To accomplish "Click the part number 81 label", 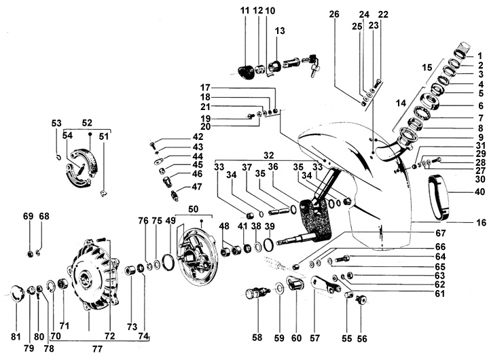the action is (x=16, y=337).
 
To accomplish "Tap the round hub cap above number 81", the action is (x=18, y=293).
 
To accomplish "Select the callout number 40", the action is (x=480, y=192).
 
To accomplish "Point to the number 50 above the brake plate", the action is (x=194, y=209).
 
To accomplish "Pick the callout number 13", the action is (x=280, y=31).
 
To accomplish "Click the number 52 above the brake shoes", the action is (x=87, y=123).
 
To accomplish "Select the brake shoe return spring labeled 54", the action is (x=80, y=170).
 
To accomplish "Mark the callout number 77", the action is (x=98, y=348).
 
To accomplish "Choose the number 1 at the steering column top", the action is (x=479, y=56).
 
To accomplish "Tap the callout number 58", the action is (x=257, y=337).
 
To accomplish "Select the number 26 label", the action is (x=333, y=14).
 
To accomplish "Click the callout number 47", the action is (x=197, y=187).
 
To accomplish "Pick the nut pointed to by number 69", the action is (x=31, y=254).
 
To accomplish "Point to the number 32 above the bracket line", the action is (x=268, y=155).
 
